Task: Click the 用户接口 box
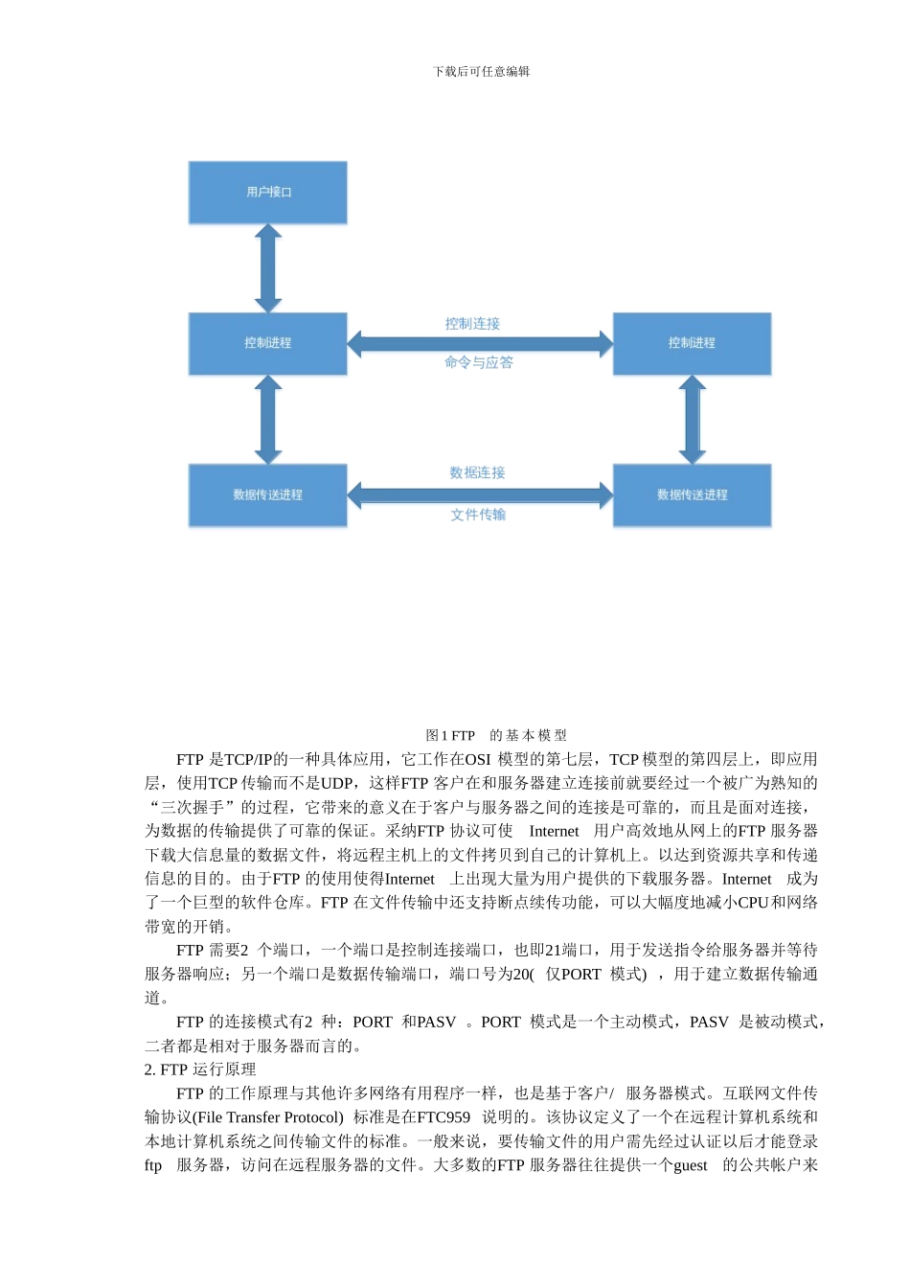tap(267, 193)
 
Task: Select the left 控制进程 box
tap(267, 343)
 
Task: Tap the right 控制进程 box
tap(692, 343)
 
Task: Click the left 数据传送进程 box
tap(267, 495)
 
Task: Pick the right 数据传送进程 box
tap(692, 495)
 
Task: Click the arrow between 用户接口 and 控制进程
tap(268, 268)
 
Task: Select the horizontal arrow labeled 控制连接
tap(480, 343)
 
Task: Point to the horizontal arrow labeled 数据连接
tap(480, 494)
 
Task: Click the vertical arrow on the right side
tap(692, 420)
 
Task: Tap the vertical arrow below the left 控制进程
tap(268, 420)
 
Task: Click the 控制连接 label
tap(472, 324)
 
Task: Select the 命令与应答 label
tap(478, 362)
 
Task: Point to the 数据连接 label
tap(477, 472)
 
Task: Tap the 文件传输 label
tap(478, 515)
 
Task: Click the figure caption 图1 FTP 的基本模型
tap(495, 735)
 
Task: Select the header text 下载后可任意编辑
tap(481, 72)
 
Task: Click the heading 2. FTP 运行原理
tap(200, 1069)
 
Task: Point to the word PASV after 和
tap(436, 1022)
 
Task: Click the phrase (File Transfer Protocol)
tap(268, 1117)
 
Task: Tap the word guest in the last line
tap(690, 1165)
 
